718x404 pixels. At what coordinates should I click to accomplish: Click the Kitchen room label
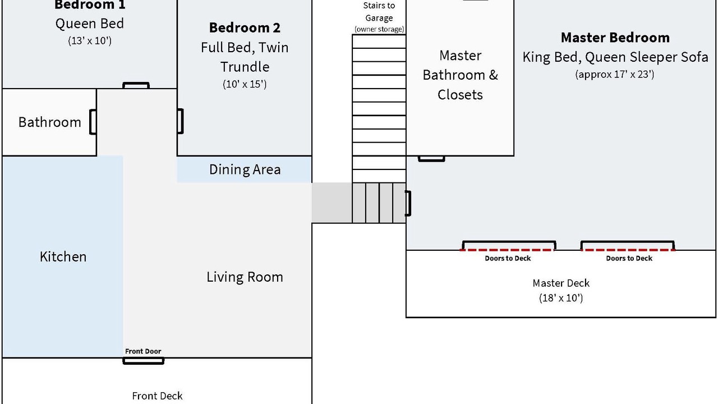click(63, 256)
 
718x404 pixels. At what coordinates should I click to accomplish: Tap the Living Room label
click(245, 277)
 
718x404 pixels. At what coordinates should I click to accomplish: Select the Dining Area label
click(245, 169)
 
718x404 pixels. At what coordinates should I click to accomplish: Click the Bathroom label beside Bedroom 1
click(49, 122)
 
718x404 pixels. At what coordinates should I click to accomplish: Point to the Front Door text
click(143, 351)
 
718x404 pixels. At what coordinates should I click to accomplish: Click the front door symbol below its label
click(144, 361)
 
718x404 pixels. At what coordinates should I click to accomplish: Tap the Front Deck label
click(157, 396)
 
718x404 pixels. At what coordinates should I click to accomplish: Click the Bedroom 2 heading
click(245, 27)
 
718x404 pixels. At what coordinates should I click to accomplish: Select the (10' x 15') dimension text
click(245, 85)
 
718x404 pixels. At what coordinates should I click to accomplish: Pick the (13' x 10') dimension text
click(90, 40)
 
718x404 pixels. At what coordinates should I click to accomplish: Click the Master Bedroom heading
click(615, 38)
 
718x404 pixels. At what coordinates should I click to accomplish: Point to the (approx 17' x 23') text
click(615, 74)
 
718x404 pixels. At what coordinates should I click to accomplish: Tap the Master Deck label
click(561, 283)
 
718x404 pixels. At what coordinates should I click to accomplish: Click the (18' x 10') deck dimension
click(561, 298)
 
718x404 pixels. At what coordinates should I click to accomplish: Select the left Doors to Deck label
click(508, 258)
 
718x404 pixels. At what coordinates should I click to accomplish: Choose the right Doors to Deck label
click(629, 258)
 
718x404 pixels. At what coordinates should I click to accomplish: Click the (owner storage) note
click(379, 29)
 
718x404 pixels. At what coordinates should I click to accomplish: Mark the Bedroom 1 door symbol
click(136, 85)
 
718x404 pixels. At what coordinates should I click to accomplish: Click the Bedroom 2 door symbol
click(180, 121)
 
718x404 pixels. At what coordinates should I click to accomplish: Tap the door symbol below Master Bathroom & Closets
click(431, 159)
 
